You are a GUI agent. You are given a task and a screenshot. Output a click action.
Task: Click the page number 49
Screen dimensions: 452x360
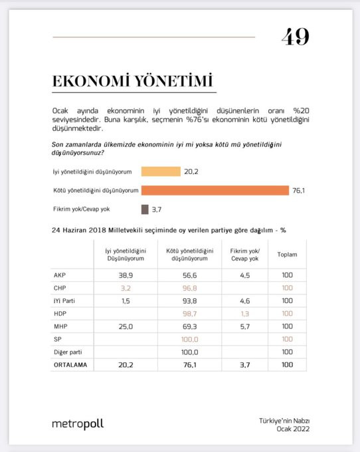pyautogui.click(x=296, y=37)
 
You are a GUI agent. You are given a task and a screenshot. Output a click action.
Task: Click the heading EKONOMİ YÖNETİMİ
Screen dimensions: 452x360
pyautogui.click(x=133, y=81)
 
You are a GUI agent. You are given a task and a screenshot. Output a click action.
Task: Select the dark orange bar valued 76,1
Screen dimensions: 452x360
pyautogui.click(x=215, y=190)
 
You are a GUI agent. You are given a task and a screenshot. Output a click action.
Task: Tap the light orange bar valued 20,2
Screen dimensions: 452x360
pyautogui.click(x=161, y=171)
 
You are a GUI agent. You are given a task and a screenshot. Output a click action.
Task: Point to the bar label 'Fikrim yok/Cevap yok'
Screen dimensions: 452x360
pyautogui.click(x=81, y=209)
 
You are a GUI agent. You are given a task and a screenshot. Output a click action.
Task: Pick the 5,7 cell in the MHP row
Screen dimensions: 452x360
pyautogui.click(x=245, y=326)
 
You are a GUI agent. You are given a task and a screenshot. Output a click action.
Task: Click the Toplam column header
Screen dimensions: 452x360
pyautogui.click(x=287, y=255)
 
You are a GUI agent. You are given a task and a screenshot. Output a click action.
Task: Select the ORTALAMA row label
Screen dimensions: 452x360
pyautogui.click(x=69, y=365)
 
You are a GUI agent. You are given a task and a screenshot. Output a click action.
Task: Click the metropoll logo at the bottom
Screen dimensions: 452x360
pyautogui.click(x=78, y=423)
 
